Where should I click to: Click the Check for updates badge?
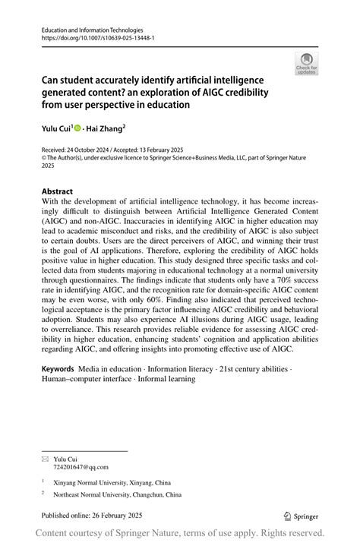tap(306, 65)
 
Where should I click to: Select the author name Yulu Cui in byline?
tap(57, 130)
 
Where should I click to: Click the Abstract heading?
tap(58, 191)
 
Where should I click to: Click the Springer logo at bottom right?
tap(302, 516)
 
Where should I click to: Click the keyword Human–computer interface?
tap(86, 379)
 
